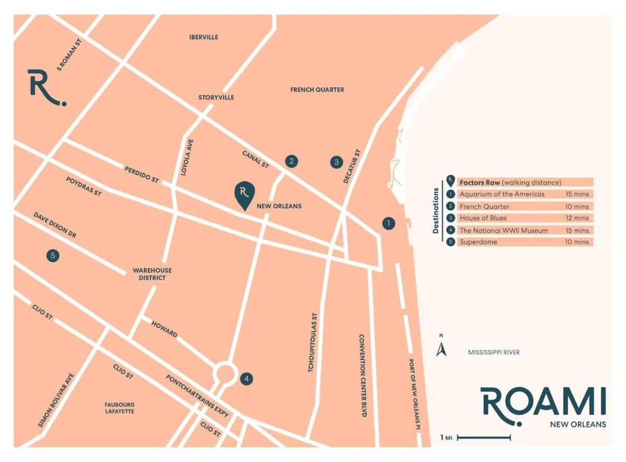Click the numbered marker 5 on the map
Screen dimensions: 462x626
click(x=52, y=256)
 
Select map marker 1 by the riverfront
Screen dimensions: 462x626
click(x=388, y=223)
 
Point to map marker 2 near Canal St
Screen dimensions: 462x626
click(x=292, y=161)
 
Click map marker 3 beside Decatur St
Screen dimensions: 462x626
click(x=337, y=162)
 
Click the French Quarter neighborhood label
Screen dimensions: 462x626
click(x=317, y=90)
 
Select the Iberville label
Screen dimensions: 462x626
click(x=204, y=37)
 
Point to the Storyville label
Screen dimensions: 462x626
click(x=216, y=98)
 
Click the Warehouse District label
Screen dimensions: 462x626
click(x=152, y=274)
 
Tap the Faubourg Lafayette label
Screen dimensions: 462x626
click(x=119, y=408)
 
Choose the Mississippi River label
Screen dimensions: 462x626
click(x=493, y=352)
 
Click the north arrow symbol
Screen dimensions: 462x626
click(x=441, y=348)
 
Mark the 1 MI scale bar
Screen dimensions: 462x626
click(x=483, y=437)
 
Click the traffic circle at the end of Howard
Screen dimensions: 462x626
click(x=225, y=373)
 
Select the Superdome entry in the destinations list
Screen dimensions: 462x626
click(x=478, y=242)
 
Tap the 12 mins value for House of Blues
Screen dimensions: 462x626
click(x=577, y=218)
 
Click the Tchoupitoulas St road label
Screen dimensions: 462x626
click(x=312, y=342)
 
